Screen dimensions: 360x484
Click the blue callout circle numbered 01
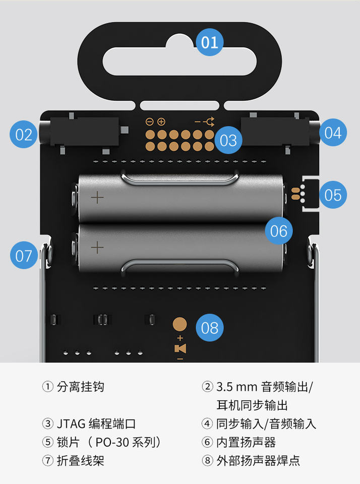[x=210, y=42]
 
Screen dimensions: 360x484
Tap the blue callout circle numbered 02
[x=24, y=135]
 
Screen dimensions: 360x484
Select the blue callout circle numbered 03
[x=228, y=140]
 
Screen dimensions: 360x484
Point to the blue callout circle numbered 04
[x=333, y=133]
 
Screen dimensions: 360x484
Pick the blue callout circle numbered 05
[x=333, y=195]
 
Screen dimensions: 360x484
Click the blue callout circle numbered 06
[x=279, y=230]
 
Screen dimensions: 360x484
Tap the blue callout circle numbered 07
[x=24, y=255]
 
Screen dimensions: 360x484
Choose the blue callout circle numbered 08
[x=210, y=328]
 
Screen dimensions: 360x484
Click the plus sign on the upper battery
[x=97, y=197]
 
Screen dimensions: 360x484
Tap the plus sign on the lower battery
[x=97, y=247]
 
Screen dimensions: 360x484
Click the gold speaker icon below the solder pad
[x=181, y=348]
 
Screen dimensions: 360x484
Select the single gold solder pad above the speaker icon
[x=179, y=324]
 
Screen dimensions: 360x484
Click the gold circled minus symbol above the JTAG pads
[x=149, y=122]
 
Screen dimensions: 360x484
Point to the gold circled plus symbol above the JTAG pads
[x=161, y=122]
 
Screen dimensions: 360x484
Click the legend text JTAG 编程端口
[x=96, y=423]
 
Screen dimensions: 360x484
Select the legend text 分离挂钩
[x=81, y=387]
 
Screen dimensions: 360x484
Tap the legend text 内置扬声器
[x=246, y=442]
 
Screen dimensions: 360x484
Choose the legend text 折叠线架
[x=81, y=460]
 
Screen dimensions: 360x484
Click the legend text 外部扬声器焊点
[x=258, y=460]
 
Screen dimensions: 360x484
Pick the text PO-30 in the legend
[x=112, y=442]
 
